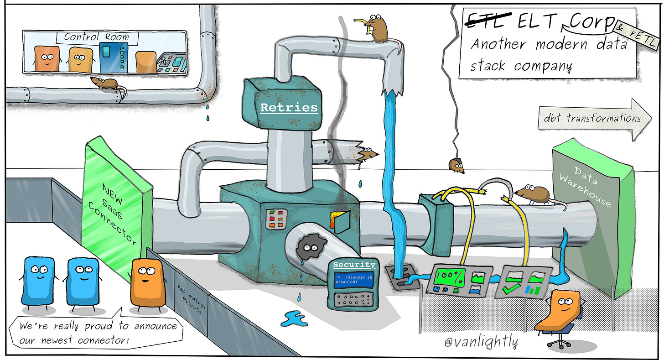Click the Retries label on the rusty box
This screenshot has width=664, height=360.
coord(288,108)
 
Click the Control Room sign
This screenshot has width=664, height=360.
coord(96,37)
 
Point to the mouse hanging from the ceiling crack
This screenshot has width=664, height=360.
coord(456,166)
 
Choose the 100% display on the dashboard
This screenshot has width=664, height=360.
coord(450,277)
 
